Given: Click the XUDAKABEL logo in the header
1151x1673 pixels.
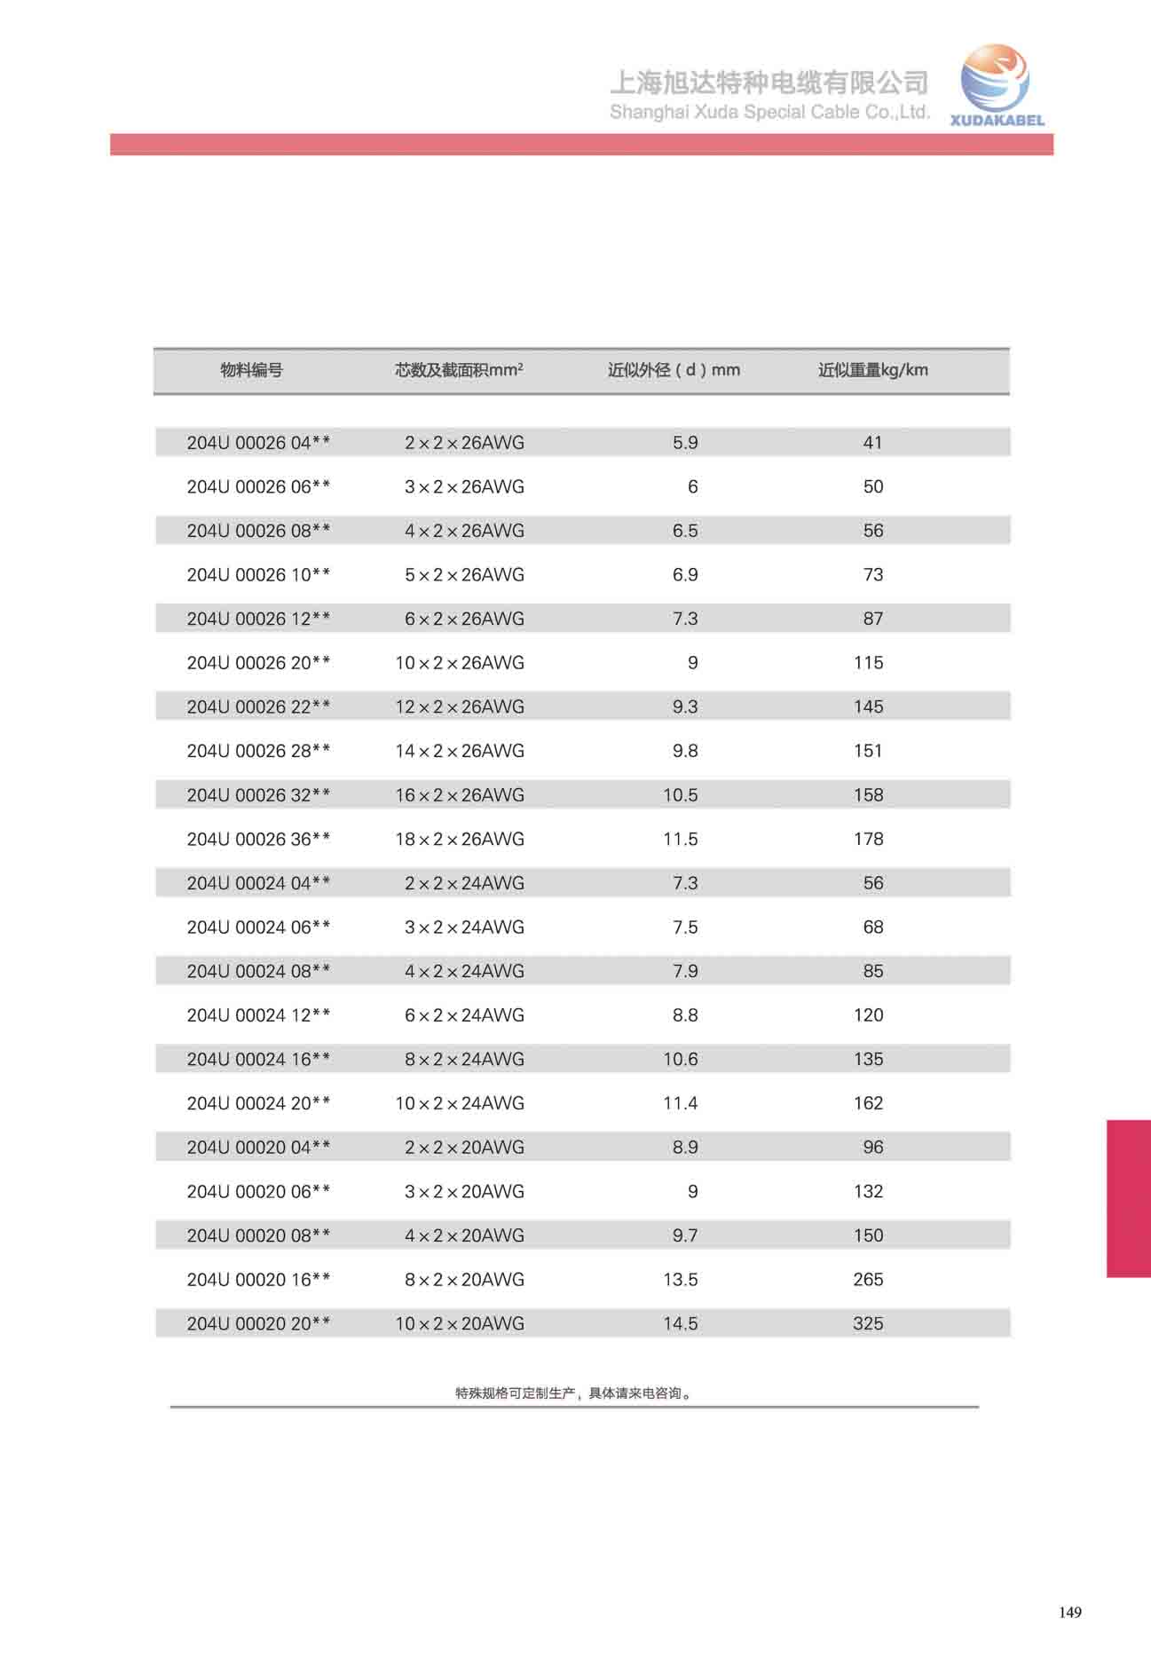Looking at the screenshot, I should [996, 86].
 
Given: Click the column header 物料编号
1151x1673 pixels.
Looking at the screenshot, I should [251, 370].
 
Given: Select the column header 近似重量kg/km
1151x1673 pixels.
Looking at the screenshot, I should [872, 370].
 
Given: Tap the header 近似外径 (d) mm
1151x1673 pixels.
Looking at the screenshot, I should [673, 370].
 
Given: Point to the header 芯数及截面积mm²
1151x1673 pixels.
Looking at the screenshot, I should [458, 370].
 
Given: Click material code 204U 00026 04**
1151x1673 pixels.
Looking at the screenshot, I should [258, 442].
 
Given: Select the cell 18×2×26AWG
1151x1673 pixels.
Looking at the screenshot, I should [460, 839].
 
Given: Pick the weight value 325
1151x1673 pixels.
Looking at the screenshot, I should [868, 1323].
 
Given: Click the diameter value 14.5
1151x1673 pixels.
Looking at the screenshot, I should [680, 1323].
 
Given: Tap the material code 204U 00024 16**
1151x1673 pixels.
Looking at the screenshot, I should [258, 1059].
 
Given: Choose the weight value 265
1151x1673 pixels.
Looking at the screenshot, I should [868, 1279].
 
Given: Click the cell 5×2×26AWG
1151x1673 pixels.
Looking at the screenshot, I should [464, 574].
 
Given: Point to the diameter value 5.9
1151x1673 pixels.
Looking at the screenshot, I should [685, 442].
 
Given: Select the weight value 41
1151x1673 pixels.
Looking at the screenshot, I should [872, 442].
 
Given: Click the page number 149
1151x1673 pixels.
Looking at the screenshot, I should [1069, 1613].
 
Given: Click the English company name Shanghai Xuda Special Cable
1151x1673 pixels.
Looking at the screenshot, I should [769, 112].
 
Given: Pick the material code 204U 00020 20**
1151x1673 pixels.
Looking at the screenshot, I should [258, 1323].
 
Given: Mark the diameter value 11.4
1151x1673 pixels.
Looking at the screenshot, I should [680, 1103].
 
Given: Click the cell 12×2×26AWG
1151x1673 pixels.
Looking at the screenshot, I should [460, 706].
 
